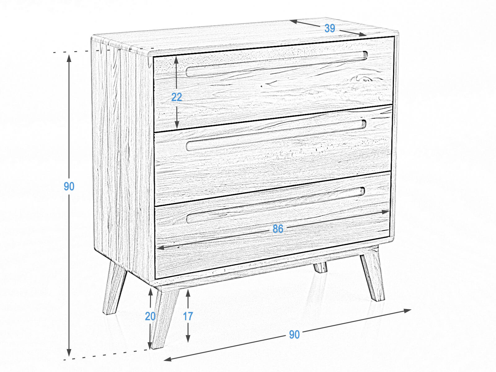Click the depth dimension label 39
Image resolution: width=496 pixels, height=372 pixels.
(x=330, y=28)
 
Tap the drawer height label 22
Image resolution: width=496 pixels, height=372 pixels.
(x=176, y=97)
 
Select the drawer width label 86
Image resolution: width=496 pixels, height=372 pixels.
(x=278, y=228)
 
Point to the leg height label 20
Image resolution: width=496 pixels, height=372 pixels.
(x=150, y=317)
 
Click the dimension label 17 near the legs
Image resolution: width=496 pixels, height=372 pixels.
(x=188, y=316)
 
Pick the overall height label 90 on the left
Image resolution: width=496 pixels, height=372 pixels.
(x=69, y=186)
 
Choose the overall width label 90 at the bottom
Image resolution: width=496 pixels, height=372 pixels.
(x=294, y=334)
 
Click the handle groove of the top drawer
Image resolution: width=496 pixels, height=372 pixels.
(x=276, y=64)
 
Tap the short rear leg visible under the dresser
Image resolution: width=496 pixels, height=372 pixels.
(x=321, y=267)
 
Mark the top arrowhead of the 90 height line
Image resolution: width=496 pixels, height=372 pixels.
(x=69, y=58)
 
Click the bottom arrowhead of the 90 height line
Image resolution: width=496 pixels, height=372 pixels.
(x=69, y=352)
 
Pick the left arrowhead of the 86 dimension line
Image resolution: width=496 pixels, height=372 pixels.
(x=160, y=248)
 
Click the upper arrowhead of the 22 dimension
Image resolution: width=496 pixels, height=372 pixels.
(x=176, y=60)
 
